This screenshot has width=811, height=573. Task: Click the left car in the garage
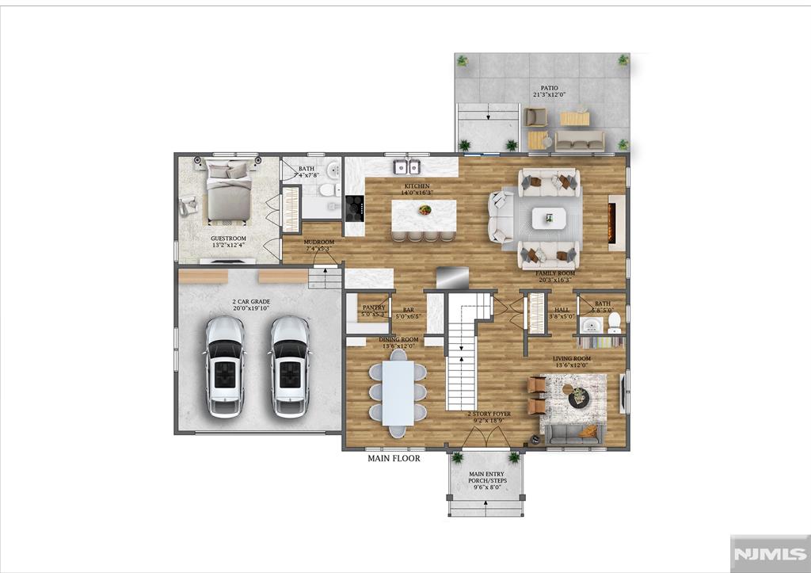click(224, 366)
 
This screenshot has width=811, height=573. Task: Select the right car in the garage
click(288, 366)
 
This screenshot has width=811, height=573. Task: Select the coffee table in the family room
click(549, 218)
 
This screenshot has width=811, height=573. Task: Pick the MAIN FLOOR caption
click(394, 458)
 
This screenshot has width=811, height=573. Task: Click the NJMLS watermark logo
click(767, 552)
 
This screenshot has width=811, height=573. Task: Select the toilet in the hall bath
click(614, 326)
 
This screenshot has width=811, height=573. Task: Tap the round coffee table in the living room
click(578, 397)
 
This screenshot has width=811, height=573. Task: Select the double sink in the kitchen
click(407, 166)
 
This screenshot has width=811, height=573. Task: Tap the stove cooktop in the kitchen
click(353, 209)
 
